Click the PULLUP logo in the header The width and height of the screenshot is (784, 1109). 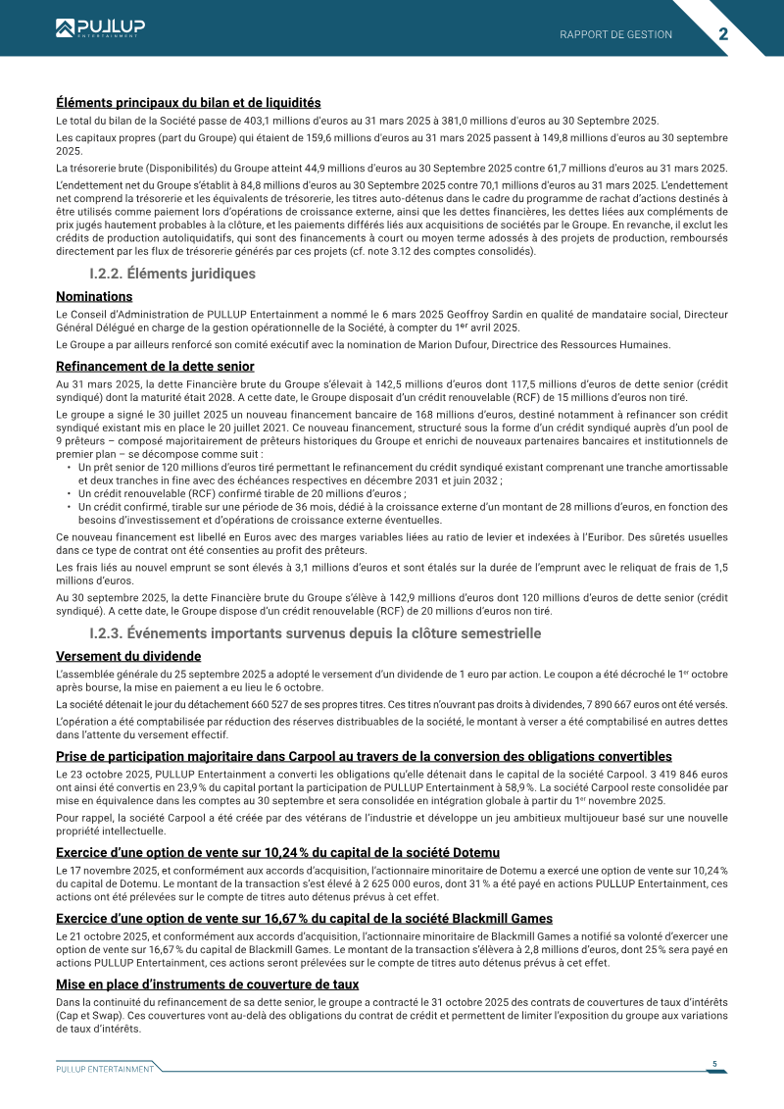tap(100, 28)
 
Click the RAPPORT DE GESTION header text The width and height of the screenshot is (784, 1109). tap(615, 34)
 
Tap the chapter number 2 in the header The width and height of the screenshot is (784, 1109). tap(723, 33)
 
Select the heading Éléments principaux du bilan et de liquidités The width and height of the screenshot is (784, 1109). tap(188, 102)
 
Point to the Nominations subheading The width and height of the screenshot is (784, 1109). tap(94, 296)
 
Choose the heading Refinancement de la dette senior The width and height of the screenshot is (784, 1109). tap(155, 367)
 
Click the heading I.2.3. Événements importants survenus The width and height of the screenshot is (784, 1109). tap(315, 633)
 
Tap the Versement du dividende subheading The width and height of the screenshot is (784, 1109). tap(128, 656)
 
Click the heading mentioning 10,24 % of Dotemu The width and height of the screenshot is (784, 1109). tap(277, 852)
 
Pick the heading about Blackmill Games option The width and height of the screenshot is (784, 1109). tap(305, 919)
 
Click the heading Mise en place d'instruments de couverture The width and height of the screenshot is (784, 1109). tap(207, 984)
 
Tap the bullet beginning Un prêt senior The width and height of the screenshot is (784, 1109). tap(113, 468)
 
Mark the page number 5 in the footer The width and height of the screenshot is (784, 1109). tap(714, 1064)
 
